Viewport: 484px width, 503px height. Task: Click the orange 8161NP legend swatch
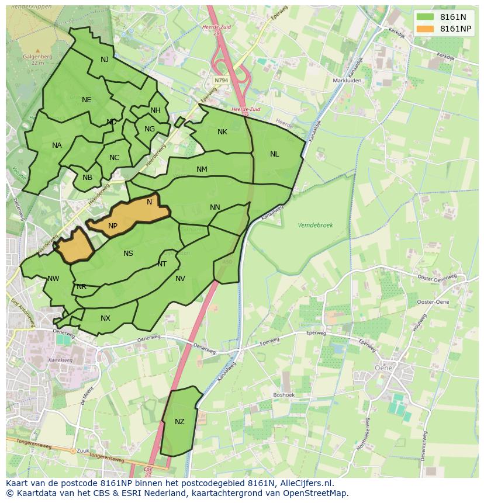coord(426,29)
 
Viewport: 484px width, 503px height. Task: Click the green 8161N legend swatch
coord(426,17)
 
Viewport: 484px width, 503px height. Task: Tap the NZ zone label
coord(179,422)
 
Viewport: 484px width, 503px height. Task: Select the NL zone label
coord(274,154)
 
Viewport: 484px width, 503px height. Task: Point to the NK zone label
coord(222,132)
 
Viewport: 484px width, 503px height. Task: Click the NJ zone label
coord(105,60)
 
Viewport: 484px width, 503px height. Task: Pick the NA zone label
coord(57,145)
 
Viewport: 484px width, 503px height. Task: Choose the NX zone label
coord(105,318)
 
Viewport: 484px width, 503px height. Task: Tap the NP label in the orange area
coord(113,226)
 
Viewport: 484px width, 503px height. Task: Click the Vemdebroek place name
coord(315,225)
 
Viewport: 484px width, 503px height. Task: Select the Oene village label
coord(383,368)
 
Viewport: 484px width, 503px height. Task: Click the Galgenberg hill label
coord(38,57)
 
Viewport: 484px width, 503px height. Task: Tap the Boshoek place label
coord(284,395)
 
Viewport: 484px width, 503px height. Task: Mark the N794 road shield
coord(221,80)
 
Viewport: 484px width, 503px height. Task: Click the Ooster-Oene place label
coord(433,301)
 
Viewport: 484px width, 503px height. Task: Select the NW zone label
coord(53,279)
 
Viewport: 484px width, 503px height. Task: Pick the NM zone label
coord(202,169)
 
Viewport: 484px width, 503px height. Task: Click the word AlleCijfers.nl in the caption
coord(306,483)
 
